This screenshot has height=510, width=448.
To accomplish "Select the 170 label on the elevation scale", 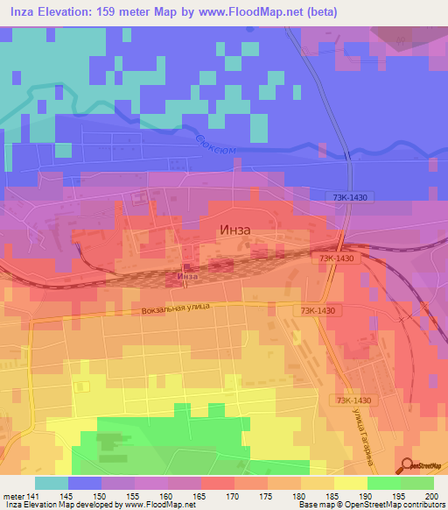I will tap(217, 496).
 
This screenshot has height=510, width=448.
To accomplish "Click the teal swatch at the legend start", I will tap(52, 483).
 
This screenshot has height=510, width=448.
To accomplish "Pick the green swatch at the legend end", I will tap(417, 483).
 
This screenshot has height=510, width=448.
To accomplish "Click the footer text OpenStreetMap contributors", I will tap(402, 506).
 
